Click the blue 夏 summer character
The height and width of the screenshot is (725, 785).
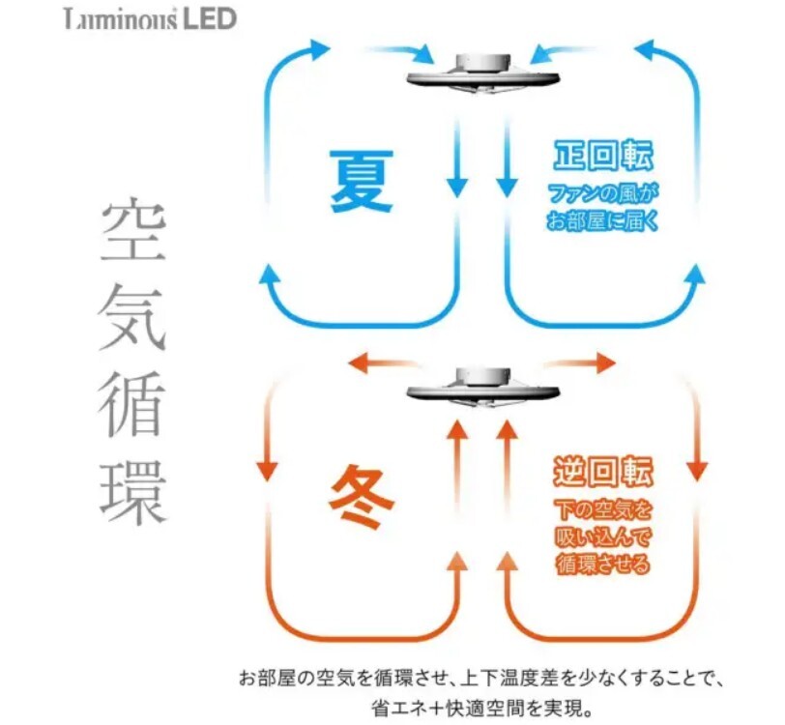click(362, 182)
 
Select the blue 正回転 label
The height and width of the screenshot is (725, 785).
click(603, 156)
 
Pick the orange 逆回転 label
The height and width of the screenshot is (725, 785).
click(603, 471)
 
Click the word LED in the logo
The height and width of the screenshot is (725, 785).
click(209, 19)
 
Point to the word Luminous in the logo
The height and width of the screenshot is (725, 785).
click(121, 20)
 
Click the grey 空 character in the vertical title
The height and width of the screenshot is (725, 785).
click(133, 229)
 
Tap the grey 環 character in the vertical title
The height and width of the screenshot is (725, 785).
click(133, 493)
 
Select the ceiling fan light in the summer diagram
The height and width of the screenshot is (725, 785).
click(482, 73)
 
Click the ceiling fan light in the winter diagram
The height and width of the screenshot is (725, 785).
click(482, 387)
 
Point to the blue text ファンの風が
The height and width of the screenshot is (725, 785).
click(602, 193)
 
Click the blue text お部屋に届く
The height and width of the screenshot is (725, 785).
click(602, 220)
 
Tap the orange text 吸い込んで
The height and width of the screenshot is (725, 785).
click(603, 537)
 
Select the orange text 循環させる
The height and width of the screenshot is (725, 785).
click(603, 564)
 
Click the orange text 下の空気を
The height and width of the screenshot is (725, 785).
click(603, 510)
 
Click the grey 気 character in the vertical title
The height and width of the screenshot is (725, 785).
click(133, 317)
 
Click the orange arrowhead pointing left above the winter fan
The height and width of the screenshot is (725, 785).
click(359, 362)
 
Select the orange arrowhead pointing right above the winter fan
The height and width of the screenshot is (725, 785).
click(606, 362)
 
